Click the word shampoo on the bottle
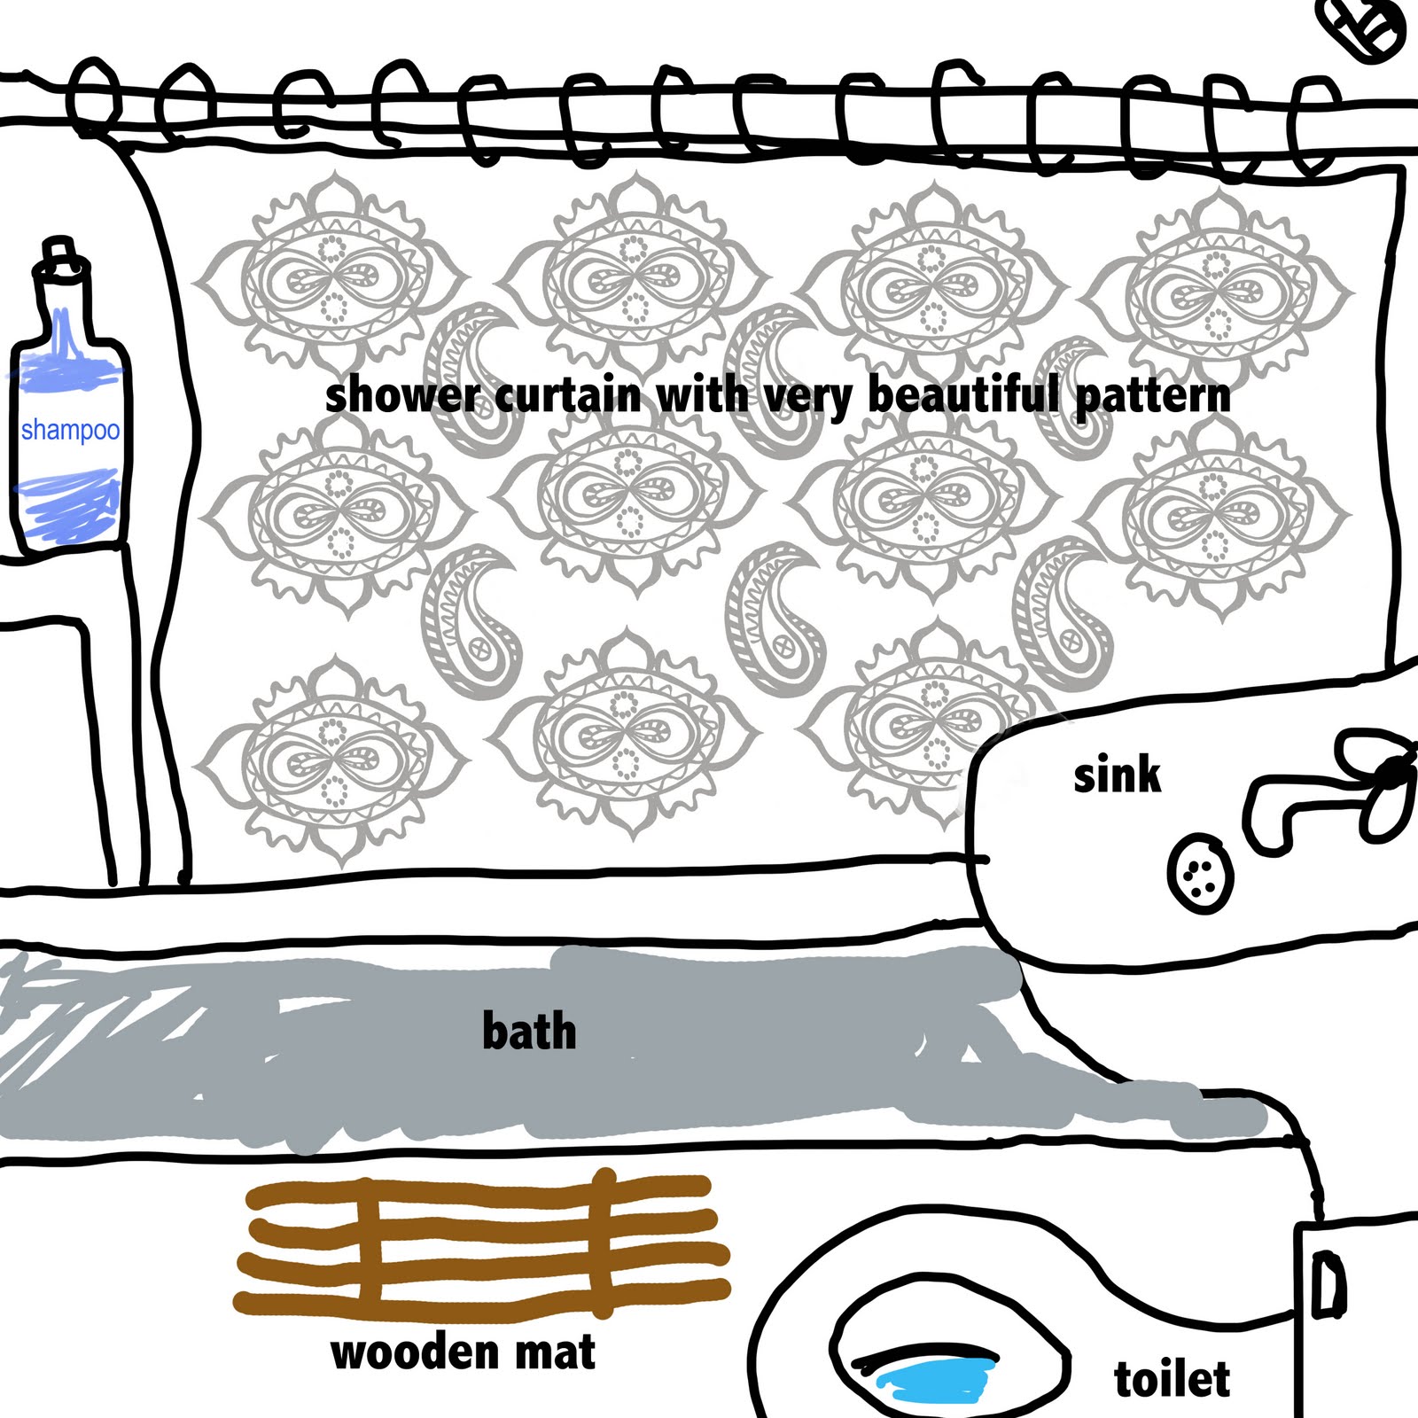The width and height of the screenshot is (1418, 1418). click(70, 431)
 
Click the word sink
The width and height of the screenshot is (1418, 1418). click(1117, 775)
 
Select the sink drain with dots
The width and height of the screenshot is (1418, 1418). click(1200, 872)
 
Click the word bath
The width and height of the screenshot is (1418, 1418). click(529, 1032)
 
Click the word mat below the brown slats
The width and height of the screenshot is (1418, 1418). click(555, 1353)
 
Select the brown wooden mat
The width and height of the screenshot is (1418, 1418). click(483, 1245)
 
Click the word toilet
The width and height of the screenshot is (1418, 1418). click(1172, 1379)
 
